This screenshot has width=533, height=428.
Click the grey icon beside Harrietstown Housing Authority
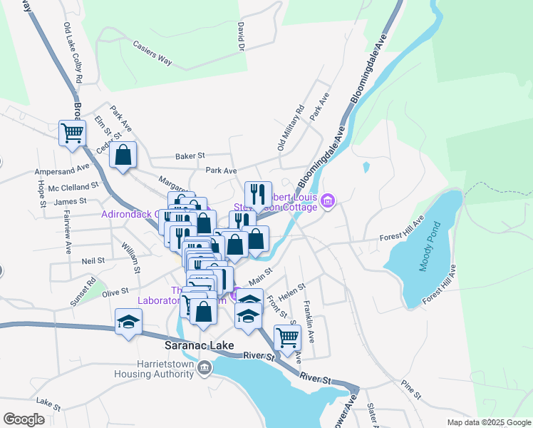point(205,368)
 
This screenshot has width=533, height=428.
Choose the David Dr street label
point(241,36)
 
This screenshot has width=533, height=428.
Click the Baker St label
point(190,155)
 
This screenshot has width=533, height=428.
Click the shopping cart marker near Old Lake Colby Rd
point(72,132)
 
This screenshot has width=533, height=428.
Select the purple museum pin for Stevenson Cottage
point(328,202)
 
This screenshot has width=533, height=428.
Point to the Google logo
point(24,419)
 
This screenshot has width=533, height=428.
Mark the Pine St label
point(411,389)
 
